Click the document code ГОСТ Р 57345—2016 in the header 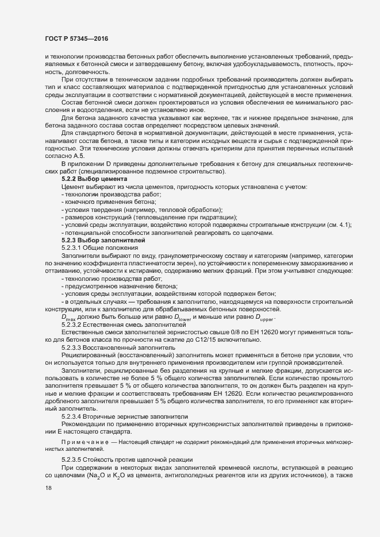click(76, 38)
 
